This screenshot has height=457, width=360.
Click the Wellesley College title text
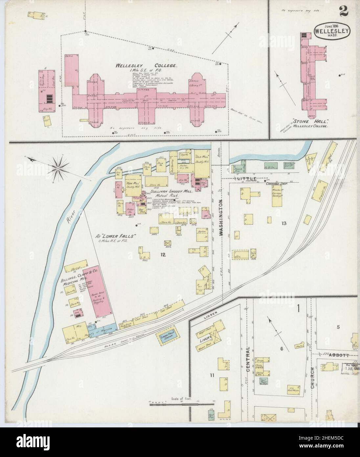point(146,65)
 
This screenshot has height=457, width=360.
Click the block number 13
point(284,223)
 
